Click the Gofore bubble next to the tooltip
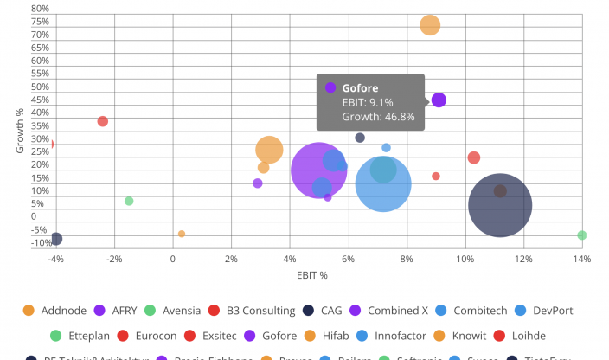[x=439, y=100]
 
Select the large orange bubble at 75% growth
[x=430, y=25]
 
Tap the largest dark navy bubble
[x=500, y=205]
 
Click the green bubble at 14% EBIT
[x=582, y=235]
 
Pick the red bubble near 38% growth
[x=103, y=121]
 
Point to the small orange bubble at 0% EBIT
[x=182, y=234]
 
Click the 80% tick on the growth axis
[x=40, y=10]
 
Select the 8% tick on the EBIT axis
[x=407, y=258]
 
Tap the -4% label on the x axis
[x=55, y=258]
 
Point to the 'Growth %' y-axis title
[x=20, y=130]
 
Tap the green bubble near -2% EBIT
[x=129, y=201]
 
